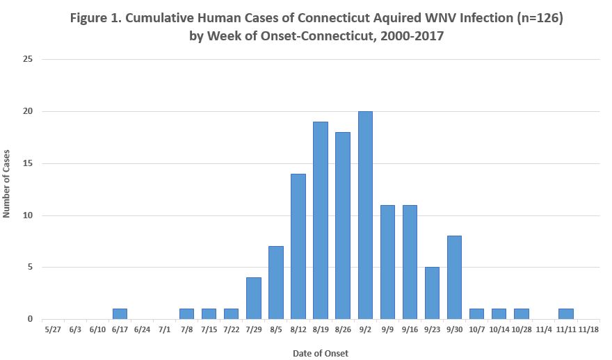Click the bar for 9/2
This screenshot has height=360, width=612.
click(365, 215)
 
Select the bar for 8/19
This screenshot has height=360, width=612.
click(321, 220)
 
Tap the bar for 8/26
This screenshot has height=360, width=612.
click(343, 226)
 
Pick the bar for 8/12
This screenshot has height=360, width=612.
click(298, 247)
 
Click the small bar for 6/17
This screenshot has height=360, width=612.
click(120, 314)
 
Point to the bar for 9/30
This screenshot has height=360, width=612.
click(454, 278)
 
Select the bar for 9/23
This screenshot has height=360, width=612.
click(432, 293)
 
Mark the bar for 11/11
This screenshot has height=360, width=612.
click(565, 314)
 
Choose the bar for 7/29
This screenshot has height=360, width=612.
click(254, 299)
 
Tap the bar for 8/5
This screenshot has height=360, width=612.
click(276, 283)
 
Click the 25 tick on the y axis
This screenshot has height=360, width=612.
click(29, 60)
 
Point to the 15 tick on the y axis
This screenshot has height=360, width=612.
click(29, 164)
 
